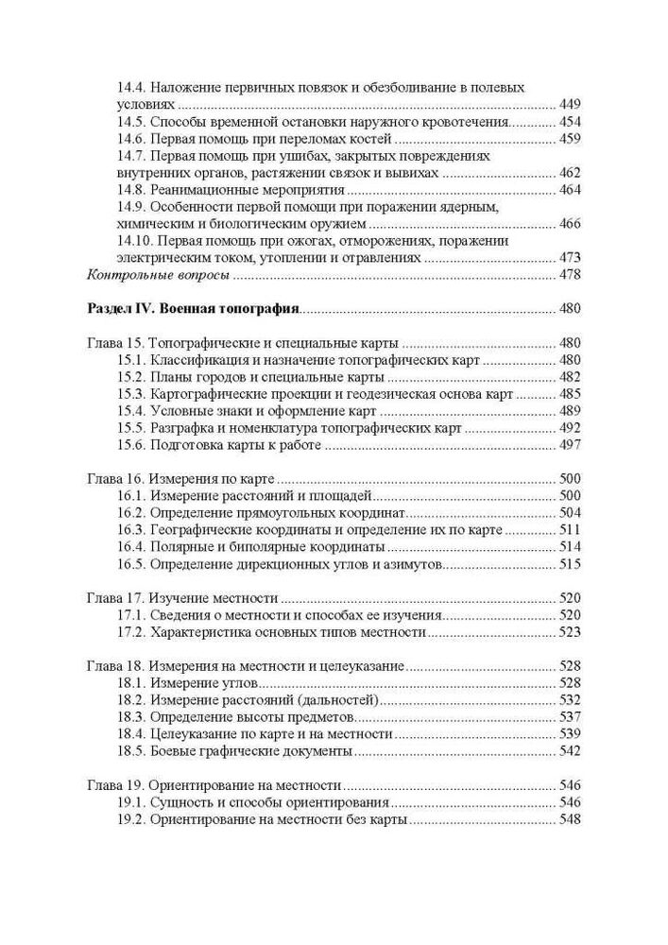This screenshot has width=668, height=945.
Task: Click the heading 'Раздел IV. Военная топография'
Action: click(193, 308)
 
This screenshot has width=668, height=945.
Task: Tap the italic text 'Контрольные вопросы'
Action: click(158, 275)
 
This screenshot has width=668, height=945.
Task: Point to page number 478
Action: click(570, 275)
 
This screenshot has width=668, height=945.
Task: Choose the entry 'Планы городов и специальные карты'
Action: click(252, 377)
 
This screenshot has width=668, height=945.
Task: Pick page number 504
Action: click(570, 513)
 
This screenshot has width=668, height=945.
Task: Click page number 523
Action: click(570, 632)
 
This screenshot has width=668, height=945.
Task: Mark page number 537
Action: click(570, 717)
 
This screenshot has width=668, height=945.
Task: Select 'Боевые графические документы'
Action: click(250, 751)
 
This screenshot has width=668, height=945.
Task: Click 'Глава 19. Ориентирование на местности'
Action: click(214, 785)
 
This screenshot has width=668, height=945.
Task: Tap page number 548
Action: click(570, 819)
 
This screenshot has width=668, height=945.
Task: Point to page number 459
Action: click(570, 139)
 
